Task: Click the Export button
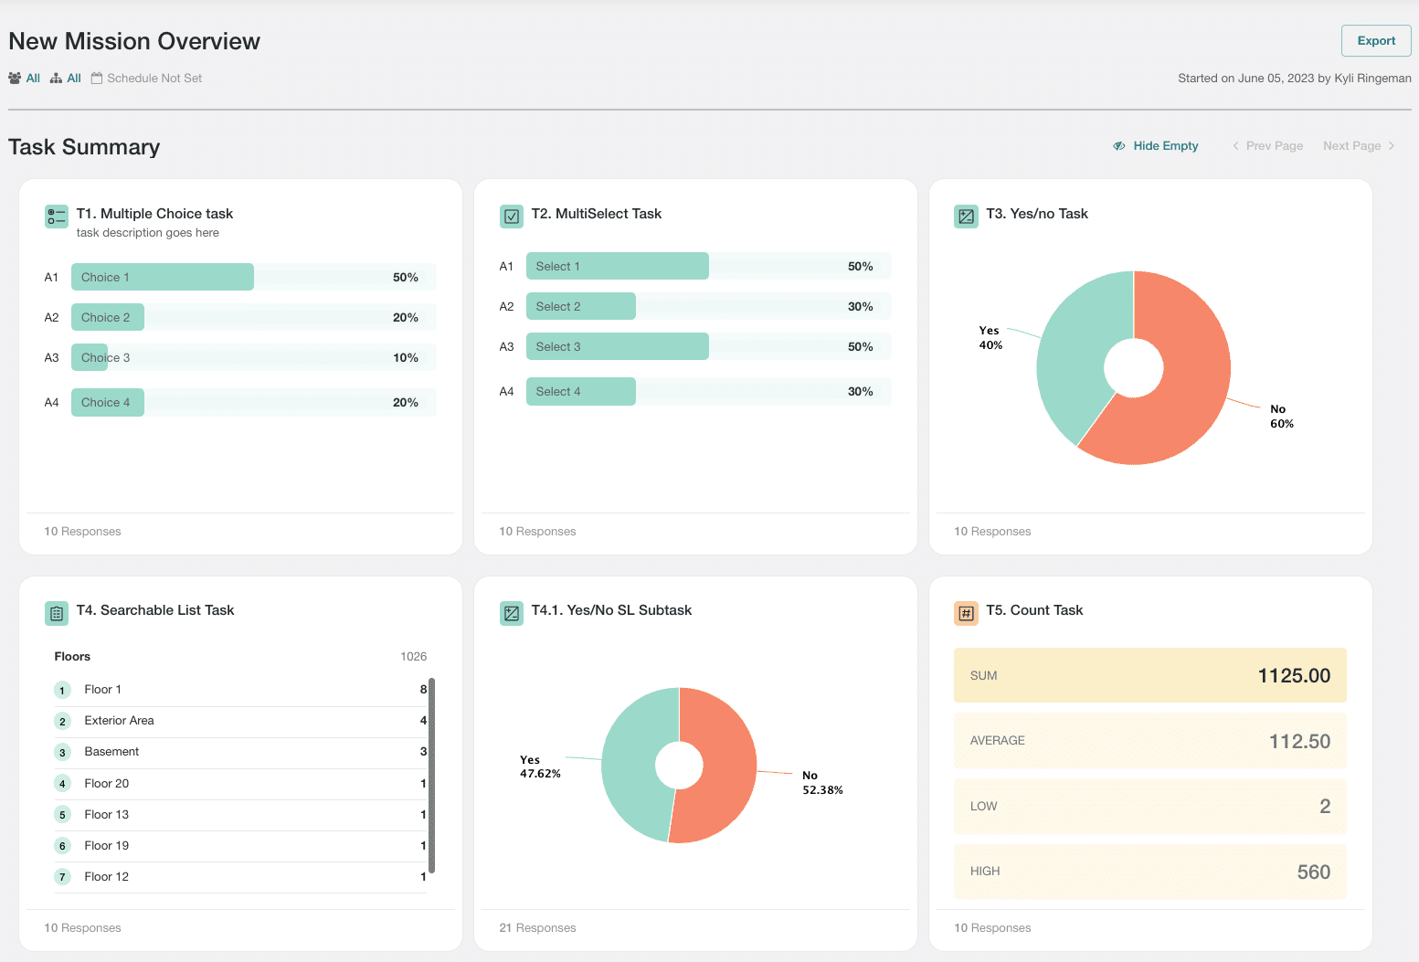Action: pos(1375,40)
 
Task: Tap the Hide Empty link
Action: pos(1156,145)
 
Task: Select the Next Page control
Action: pos(1358,145)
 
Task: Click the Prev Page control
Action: pos(1267,145)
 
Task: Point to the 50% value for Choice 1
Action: pos(406,278)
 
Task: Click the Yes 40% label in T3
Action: pos(990,337)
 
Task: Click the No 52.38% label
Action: pos(822,783)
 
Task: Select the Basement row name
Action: pos(111,752)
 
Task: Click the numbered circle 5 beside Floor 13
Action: pos(62,814)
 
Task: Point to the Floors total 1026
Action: pos(413,656)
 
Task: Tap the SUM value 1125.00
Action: pos(1294,675)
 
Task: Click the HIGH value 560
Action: pos(1313,872)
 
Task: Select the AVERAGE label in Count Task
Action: pos(997,740)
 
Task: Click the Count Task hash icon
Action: pos(966,613)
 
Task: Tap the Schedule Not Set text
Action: pos(154,78)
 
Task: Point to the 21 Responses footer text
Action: pos(537,928)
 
